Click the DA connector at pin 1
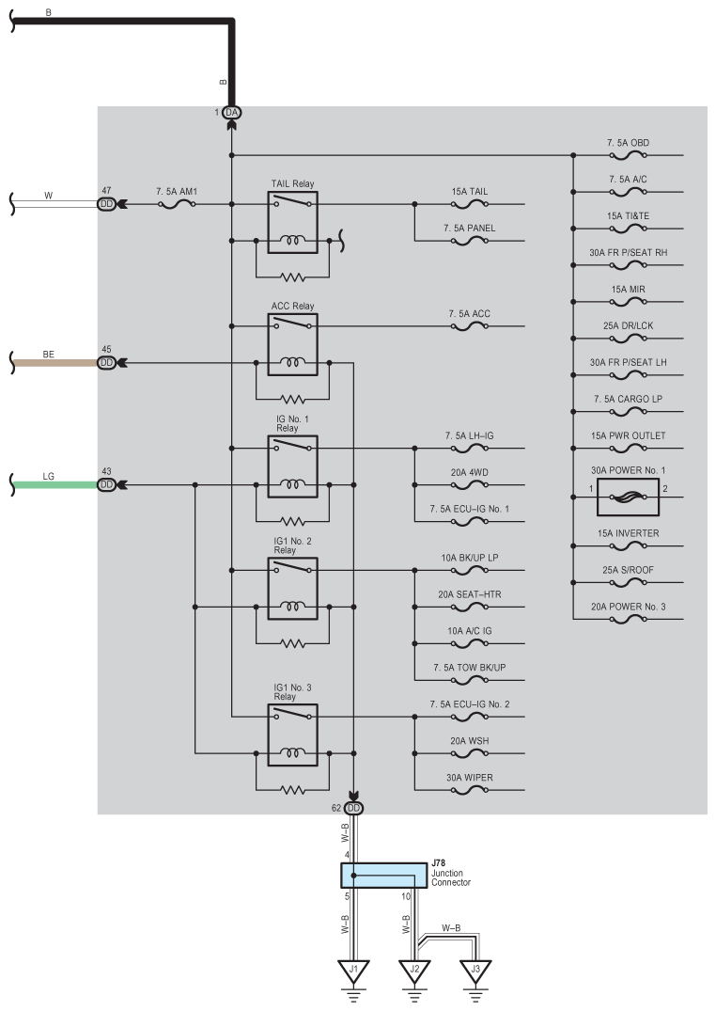point(231,113)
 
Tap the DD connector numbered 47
point(106,204)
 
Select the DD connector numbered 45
point(106,363)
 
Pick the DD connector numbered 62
point(354,808)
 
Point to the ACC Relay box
point(292,344)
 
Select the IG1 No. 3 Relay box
point(292,735)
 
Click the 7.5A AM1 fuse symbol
point(177,204)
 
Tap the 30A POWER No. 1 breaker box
point(628,498)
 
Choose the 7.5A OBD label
point(628,143)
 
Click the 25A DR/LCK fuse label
point(628,325)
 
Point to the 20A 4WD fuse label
point(469,472)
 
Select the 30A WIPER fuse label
point(469,778)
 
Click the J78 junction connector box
point(383,876)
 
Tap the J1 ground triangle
point(354,971)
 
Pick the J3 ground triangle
point(475,971)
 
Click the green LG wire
point(55,485)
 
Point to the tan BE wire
point(55,363)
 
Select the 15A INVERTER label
point(628,533)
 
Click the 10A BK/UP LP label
point(469,558)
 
